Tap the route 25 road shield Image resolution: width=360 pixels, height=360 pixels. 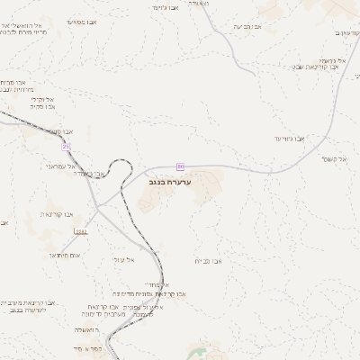click(x=66, y=146)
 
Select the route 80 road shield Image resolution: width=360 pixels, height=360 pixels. click(x=180, y=166)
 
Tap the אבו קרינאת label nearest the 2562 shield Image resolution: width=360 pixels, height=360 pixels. click(x=58, y=214)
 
